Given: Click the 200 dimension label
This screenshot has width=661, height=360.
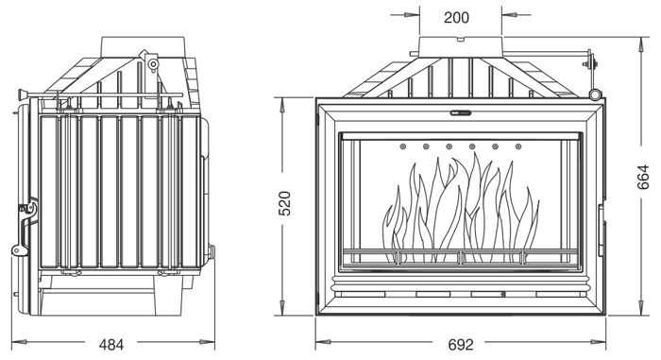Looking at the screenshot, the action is (x=456, y=17).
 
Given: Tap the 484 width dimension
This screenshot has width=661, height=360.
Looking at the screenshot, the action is (x=111, y=345).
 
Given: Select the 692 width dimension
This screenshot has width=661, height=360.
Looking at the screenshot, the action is (x=461, y=345).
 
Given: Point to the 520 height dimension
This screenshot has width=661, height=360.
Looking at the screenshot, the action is (x=285, y=203).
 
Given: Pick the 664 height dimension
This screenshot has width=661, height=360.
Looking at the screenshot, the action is (x=643, y=177).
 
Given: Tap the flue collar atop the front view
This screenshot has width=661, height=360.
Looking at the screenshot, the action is (x=461, y=47).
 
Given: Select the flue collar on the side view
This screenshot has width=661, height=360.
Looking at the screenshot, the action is (x=143, y=45).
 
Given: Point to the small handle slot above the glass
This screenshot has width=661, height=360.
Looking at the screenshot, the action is (x=461, y=113).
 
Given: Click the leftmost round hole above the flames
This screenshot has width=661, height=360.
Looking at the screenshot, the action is (x=402, y=146).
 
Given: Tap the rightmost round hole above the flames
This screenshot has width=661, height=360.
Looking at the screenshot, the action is (x=518, y=146).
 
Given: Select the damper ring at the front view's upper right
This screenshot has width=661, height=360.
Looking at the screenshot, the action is (x=594, y=94).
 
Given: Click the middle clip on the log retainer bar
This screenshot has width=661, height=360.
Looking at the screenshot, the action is (x=461, y=257).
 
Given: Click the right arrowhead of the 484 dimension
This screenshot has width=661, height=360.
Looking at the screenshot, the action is (x=208, y=342).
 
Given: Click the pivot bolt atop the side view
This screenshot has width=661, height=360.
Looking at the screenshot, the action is (x=153, y=64).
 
